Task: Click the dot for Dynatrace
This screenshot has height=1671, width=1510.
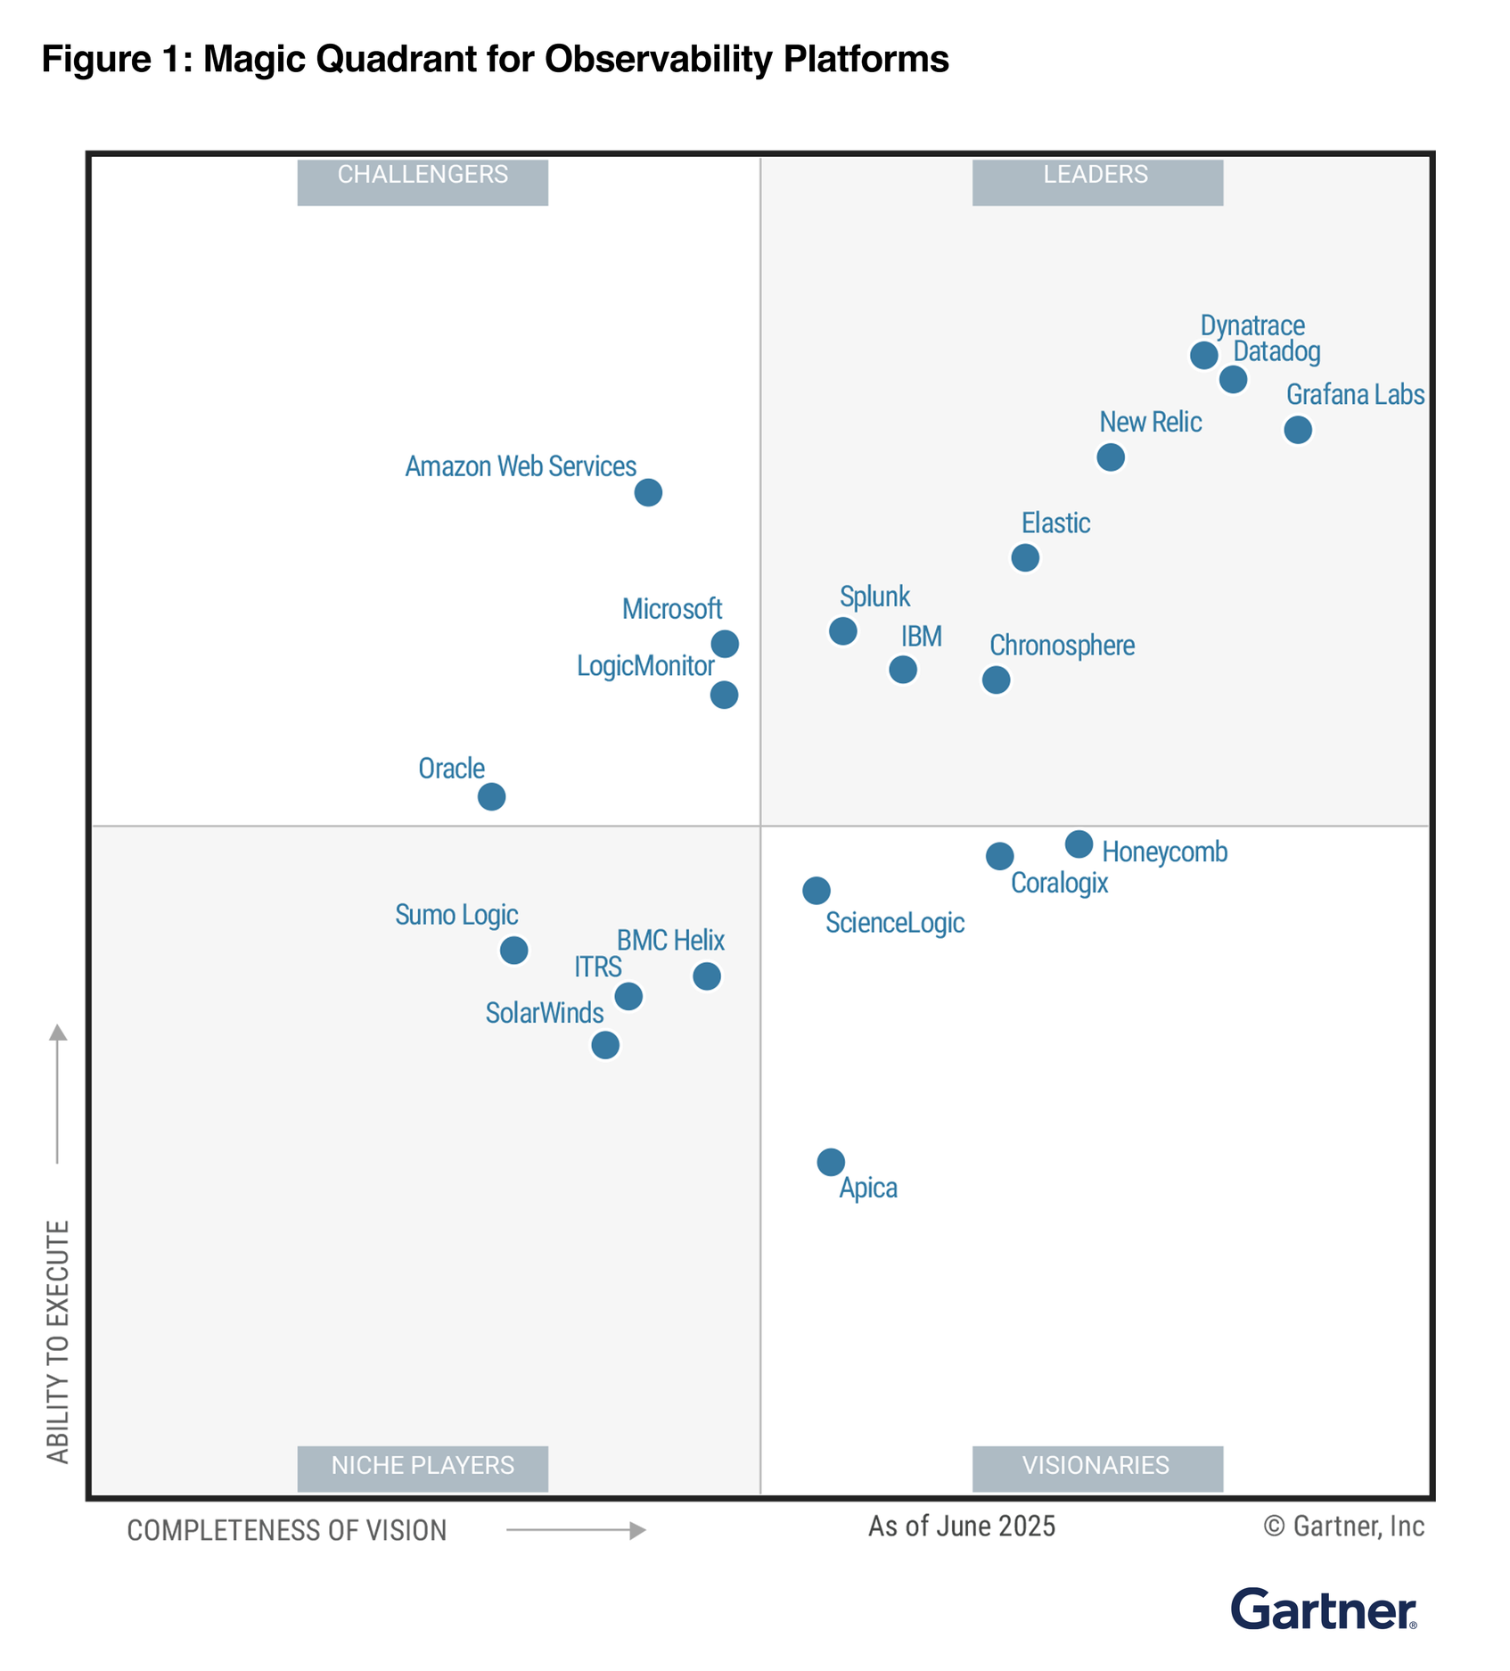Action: pyautogui.click(x=1203, y=355)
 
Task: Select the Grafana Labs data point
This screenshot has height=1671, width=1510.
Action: pyautogui.click(x=1297, y=430)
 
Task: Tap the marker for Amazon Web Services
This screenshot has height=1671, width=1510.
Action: pyautogui.click(x=648, y=492)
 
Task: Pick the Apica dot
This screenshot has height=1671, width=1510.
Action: pyautogui.click(x=830, y=1162)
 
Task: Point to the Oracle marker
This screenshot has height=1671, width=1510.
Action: pyautogui.click(x=491, y=796)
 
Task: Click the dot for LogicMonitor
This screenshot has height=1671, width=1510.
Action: pyautogui.click(x=724, y=695)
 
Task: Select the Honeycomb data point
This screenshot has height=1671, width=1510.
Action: pyautogui.click(x=1079, y=844)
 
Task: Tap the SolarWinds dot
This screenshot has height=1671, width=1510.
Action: pyautogui.click(x=605, y=1045)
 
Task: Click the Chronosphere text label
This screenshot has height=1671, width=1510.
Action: pyautogui.click(x=1062, y=646)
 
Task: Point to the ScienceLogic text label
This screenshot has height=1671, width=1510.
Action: pyautogui.click(x=894, y=923)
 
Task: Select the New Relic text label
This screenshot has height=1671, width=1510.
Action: pyautogui.click(x=1150, y=422)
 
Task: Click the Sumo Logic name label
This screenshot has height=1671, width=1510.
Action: pyautogui.click(x=456, y=915)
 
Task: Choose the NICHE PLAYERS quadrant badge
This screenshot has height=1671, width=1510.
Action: pyautogui.click(x=423, y=1465)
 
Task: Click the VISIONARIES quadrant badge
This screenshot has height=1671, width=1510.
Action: pyautogui.click(x=1096, y=1465)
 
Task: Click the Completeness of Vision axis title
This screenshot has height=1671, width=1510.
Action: pyautogui.click(x=287, y=1530)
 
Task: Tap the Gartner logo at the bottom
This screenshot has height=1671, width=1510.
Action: pyautogui.click(x=1323, y=1609)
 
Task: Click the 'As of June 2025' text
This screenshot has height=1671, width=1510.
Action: pyautogui.click(x=961, y=1527)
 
